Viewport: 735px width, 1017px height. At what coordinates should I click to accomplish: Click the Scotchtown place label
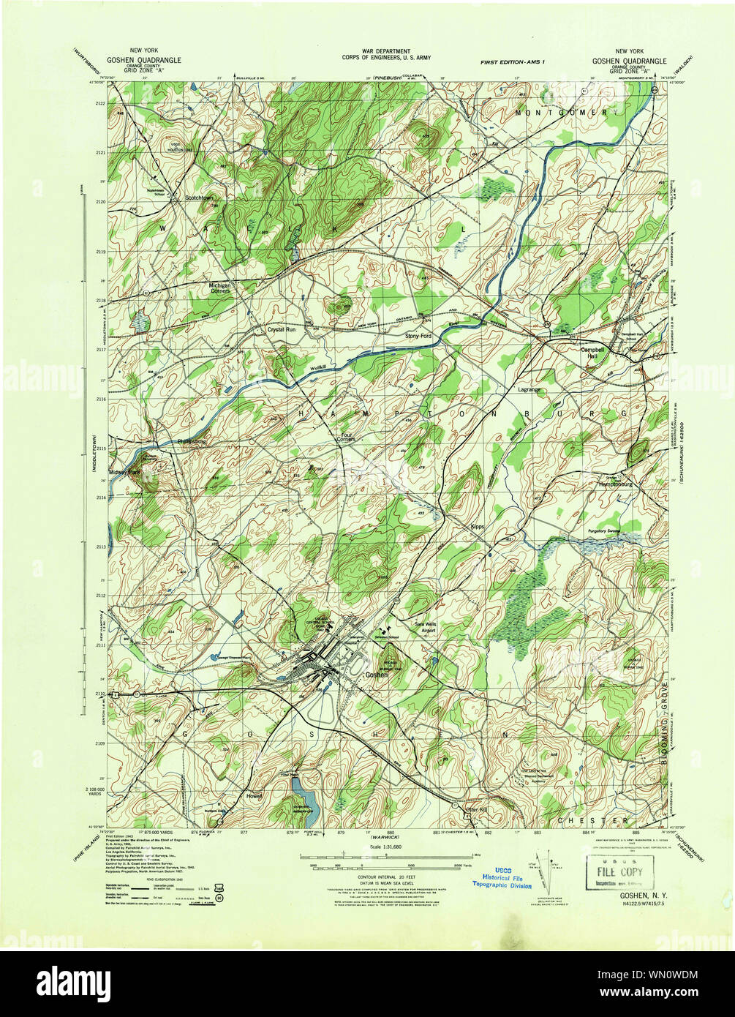(203, 197)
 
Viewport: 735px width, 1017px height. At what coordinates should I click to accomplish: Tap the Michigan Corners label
(219, 288)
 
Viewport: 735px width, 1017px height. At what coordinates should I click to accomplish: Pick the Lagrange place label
(529, 389)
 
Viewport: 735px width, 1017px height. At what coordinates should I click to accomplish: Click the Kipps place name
(478, 526)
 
